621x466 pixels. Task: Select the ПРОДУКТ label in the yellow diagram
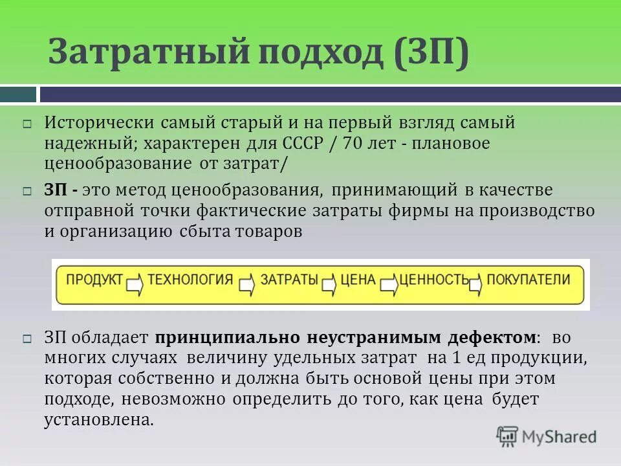[x=94, y=280]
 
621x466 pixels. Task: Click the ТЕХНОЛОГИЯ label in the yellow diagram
[x=190, y=280]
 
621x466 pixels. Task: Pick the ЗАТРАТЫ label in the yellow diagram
[x=289, y=280]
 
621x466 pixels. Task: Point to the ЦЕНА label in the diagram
[x=358, y=280]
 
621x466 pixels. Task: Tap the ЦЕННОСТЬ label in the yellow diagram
[x=434, y=280]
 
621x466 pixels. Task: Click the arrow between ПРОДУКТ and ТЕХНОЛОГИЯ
[x=135, y=283]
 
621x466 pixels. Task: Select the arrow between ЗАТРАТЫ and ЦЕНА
[x=329, y=283]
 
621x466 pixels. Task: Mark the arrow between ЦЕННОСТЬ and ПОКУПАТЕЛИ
[x=476, y=283]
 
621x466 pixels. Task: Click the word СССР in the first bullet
[x=301, y=143]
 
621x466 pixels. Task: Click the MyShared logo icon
[x=507, y=437]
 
